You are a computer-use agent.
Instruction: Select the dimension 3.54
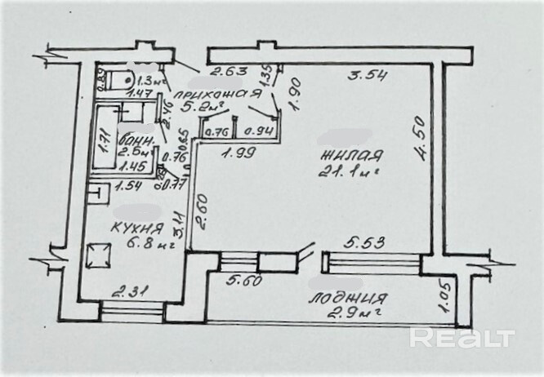click(367, 78)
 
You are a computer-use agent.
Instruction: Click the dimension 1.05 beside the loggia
click(445, 298)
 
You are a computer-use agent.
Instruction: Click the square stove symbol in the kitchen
click(99, 255)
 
